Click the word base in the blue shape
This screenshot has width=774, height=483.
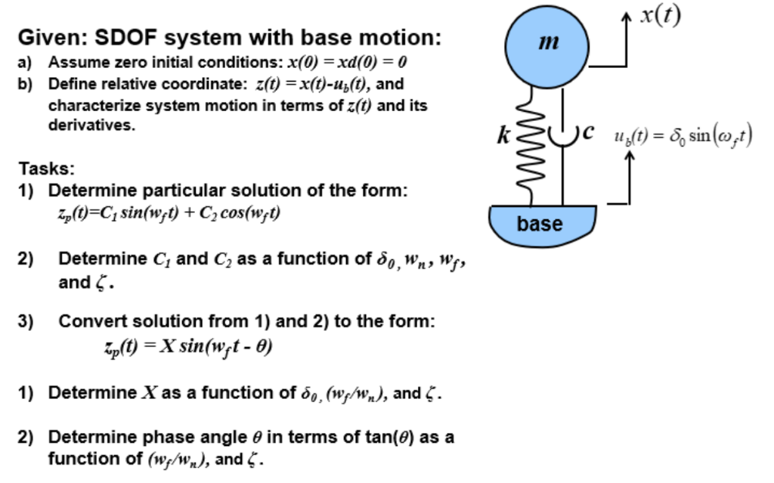click(540, 224)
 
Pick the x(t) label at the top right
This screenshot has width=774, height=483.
click(660, 16)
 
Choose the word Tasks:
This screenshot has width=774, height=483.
click(46, 168)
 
